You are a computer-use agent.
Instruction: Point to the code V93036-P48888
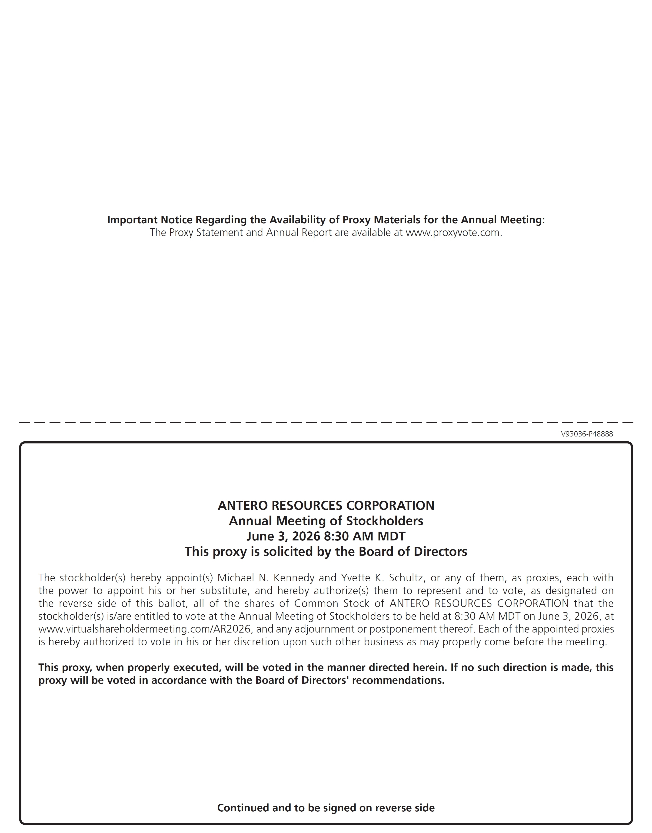(587, 434)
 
